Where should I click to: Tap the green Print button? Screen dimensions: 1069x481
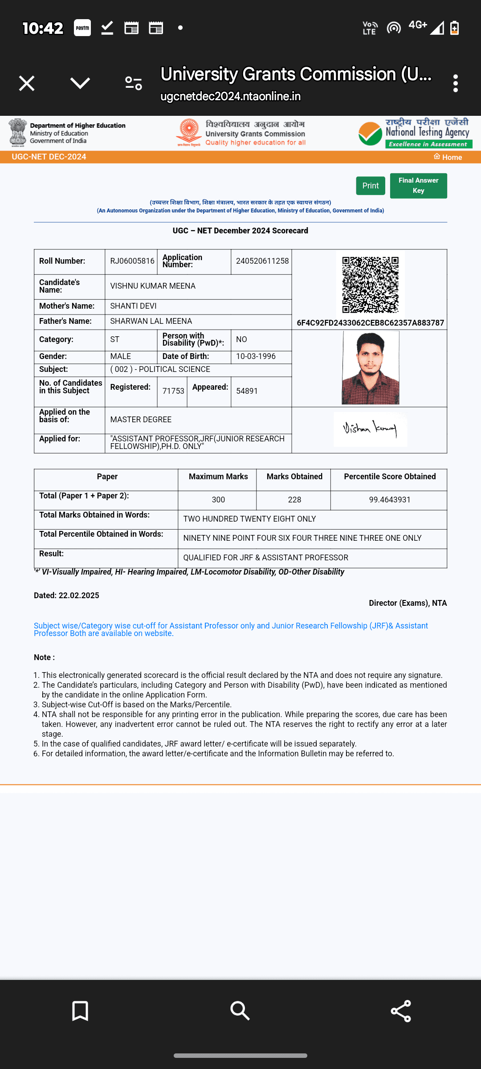pos(370,186)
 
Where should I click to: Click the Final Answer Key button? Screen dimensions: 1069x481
pos(418,185)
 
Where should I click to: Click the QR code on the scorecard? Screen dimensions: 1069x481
pos(370,284)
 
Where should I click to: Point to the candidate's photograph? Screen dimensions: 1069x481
pos(370,368)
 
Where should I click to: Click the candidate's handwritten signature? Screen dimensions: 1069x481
pos(370,428)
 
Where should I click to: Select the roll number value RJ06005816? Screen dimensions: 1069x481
pos(132,261)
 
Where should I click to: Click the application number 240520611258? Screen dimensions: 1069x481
pos(262,261)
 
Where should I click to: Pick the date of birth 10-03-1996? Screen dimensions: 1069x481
pos(256,356)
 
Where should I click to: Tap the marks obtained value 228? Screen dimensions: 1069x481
pos(294,500)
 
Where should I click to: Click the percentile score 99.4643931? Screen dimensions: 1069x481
pos(390,500)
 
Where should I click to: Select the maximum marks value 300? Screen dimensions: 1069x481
pos(218,500)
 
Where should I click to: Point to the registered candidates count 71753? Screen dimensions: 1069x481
pos(173,391)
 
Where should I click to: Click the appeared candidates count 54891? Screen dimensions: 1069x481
pos(247,391)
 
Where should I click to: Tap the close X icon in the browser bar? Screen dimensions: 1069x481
pos(27,83)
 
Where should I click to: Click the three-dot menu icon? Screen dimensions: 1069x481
pos(455,83)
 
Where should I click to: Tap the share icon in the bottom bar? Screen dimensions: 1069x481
pos(400,1011)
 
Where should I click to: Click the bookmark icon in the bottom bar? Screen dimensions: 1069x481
pos(80,1011)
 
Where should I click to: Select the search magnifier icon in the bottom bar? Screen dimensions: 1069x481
pos(240,1011)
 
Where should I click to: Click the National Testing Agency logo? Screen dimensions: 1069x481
pos(415,133)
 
